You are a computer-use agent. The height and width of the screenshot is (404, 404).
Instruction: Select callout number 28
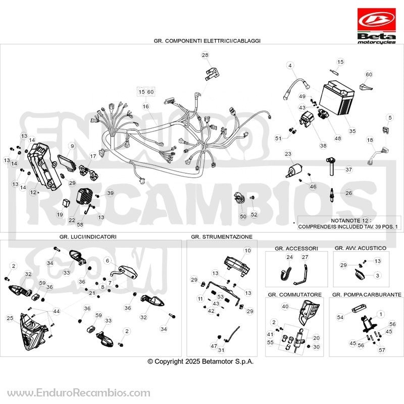[205, 55]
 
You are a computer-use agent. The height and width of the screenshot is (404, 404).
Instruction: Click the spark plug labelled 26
[332, 194]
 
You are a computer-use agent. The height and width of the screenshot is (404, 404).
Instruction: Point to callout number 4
[290, 66]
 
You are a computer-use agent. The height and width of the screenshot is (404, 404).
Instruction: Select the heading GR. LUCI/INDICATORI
[88, 236]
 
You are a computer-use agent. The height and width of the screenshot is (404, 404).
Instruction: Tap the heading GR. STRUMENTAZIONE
[222, 236]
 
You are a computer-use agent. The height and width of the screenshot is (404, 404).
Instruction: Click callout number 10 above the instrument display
[247, 250]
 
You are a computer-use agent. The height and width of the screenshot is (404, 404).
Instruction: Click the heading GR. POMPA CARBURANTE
[367, 294]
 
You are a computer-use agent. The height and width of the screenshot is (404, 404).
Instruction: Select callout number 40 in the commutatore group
[285, 307]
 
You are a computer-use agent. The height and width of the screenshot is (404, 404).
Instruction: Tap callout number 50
[243, 217]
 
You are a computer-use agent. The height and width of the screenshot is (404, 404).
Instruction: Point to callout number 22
[72, 220]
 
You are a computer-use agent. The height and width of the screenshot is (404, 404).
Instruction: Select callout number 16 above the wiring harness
[146, 106]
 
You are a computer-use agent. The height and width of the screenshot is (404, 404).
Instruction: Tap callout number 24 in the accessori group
[289, 257]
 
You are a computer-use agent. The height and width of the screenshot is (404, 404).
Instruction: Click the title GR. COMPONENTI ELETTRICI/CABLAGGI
[207, 41]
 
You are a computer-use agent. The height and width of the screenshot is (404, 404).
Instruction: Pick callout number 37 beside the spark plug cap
[348, 170]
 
